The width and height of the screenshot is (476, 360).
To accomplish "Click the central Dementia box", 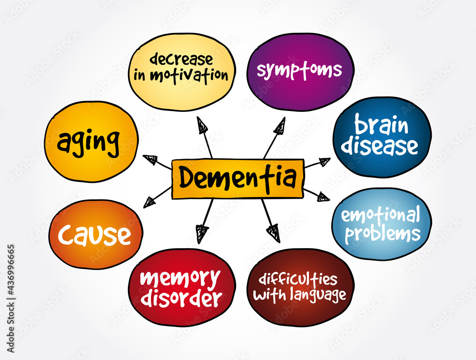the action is (x=238, y=179).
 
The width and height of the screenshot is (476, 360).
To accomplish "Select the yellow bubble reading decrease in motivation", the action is (x=181, y=72).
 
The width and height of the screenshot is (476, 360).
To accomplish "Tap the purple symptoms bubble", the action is (x=300, y=72).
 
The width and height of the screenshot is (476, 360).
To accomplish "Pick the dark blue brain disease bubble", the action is (x=382, y=137).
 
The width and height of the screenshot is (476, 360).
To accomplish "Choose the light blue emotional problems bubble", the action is (x=382, y=224).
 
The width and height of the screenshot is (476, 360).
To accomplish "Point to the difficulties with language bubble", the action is (x=300, y=287).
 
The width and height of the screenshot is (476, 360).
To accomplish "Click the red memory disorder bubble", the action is (x=181, y=287).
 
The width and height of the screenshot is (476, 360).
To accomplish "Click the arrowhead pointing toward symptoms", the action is (x=280, y=126).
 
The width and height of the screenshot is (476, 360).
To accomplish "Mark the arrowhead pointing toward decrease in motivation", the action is (x=201, y=125).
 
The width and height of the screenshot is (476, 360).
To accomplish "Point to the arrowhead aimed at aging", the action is (x=150, y=160).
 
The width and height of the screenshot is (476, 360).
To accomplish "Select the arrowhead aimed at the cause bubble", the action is (x=149, y=202).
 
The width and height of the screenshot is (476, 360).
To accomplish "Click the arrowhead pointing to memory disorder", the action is (x=201, y=233).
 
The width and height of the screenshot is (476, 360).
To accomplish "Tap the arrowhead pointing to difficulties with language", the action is (x=274, y=233).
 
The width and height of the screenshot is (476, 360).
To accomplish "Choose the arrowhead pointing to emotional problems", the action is (x=324, y=197).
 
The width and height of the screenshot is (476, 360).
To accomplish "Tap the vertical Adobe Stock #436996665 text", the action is (x=10, y=298).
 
